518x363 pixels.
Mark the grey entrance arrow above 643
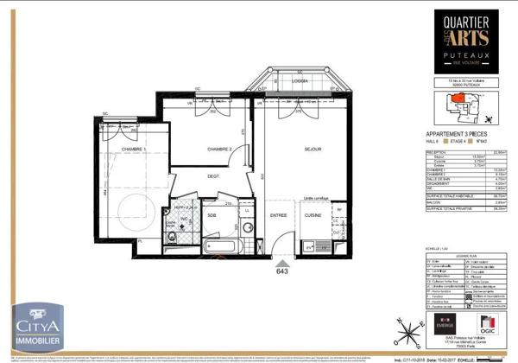(x=281, y=261)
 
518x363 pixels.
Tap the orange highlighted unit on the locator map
(x=452, y=102)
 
